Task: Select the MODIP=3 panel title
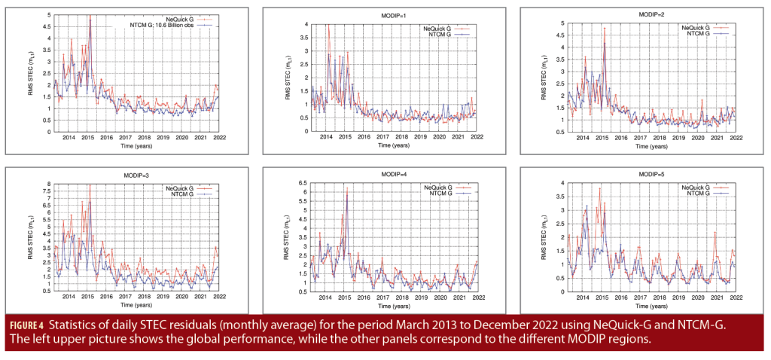coord(126,175)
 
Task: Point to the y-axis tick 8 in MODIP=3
coord(48,184)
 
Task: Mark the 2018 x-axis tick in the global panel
coord(144,138)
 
